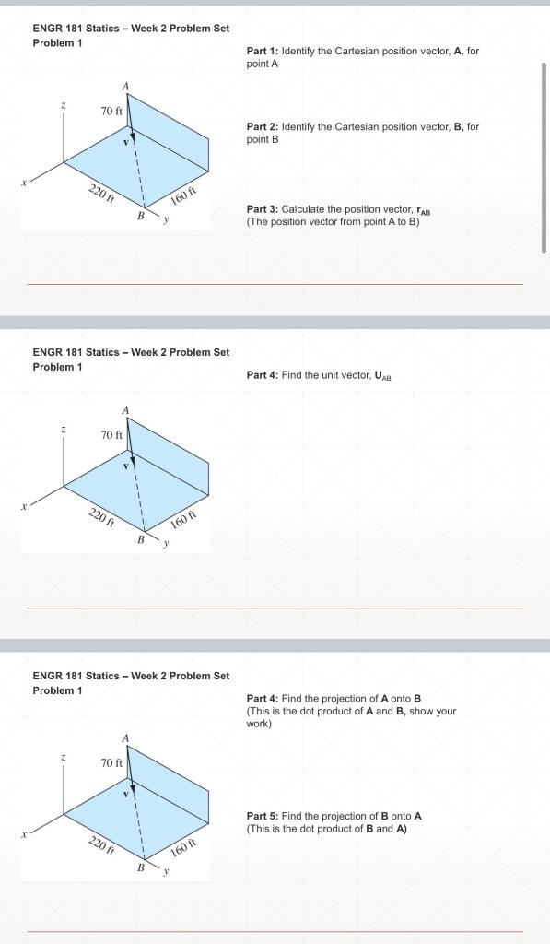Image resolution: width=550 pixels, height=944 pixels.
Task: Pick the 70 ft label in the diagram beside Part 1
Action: (111, 112)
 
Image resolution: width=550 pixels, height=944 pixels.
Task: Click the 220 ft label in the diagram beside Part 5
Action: (101, 844)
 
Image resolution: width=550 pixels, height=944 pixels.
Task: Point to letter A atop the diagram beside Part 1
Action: (126, 86)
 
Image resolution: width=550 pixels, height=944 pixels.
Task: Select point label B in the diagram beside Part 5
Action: (141, 867)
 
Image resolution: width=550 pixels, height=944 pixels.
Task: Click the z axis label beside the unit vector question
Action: (63, 429)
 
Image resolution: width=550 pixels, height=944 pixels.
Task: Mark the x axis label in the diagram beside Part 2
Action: (25, 183)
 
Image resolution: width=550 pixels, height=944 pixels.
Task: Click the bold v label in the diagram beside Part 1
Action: (127, 142)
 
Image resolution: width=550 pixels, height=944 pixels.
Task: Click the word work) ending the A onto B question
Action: (259, 724)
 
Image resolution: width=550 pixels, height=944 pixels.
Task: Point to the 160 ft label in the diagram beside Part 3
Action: (184, 197)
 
